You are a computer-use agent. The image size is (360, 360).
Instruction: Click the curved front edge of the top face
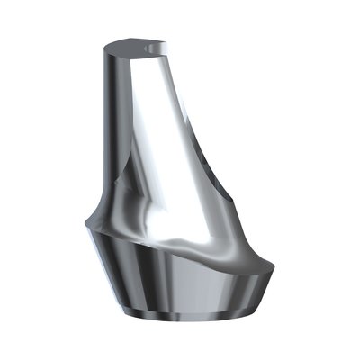click(x=135, y=55)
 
